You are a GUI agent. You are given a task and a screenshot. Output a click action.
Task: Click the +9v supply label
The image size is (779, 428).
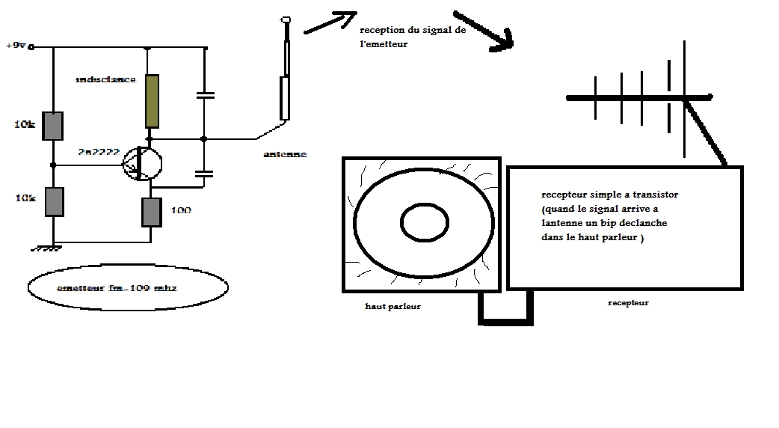point(16,46)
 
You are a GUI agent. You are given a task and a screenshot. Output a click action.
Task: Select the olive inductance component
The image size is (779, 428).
point(152,101)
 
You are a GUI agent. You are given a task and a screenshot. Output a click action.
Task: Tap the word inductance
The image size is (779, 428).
point(105,79)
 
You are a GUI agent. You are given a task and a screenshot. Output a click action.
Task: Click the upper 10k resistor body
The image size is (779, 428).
point(53,125)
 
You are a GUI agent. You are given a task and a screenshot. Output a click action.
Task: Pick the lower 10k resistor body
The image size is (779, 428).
point(53,202)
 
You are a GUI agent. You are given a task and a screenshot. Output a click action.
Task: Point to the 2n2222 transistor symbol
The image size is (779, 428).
point(141,162)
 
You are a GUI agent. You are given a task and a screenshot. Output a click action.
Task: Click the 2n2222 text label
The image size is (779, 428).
point(97,152)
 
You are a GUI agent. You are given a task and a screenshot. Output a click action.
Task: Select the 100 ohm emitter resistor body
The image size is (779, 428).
point(152,212)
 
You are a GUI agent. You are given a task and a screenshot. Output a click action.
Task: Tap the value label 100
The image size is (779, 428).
point(180,211)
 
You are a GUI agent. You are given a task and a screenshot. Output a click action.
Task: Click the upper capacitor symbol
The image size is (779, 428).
point(204,95)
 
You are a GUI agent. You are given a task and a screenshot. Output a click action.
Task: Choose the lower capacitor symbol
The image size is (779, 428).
point(204,174)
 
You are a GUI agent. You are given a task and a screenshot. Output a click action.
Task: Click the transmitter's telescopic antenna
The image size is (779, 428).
point(285,75)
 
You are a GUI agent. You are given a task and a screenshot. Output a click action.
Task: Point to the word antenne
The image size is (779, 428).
point(285,155)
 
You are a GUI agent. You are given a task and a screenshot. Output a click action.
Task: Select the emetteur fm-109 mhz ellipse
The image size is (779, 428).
point(127,287)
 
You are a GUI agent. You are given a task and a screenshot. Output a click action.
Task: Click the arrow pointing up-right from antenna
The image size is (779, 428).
point(330,22)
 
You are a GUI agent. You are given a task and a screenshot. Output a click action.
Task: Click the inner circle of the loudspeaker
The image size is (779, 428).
point(424,221)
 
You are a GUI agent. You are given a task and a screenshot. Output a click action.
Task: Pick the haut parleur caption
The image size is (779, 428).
point(393,306)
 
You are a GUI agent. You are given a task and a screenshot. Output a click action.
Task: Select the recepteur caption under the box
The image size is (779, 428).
point(628,303)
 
